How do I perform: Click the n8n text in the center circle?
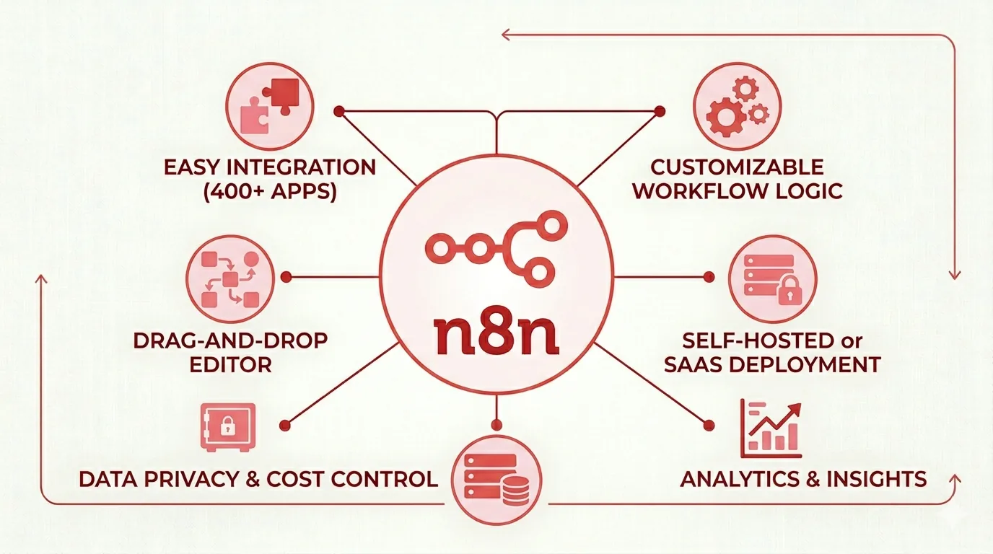point(496,334)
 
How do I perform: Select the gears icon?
point(737,106)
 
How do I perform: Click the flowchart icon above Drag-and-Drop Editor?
point(230,279)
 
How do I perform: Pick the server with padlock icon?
point(772,279)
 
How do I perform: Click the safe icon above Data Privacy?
point(228,427)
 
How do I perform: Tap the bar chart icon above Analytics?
point(771,428)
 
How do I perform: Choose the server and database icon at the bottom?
point(496,480)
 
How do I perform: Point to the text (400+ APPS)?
point(269,191)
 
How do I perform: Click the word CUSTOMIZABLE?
point(737,167)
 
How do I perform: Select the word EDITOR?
point(230,365)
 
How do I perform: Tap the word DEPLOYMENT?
point(804,365)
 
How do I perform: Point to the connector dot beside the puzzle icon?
point(339,111)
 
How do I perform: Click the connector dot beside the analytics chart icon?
point(709,426)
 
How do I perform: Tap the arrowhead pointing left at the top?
point(505,35)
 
